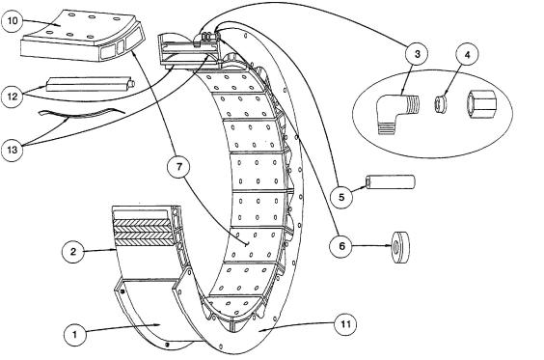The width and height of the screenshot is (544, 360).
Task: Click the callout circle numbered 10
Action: coord(13,20)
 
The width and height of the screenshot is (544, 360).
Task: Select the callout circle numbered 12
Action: coord(13,97)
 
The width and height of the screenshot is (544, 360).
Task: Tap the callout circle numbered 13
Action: coord(13,150)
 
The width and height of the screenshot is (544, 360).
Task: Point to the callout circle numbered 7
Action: coord(178,167)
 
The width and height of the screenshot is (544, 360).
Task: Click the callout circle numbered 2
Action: coord(73,251)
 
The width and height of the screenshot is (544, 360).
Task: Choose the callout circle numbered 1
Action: coord(75,334)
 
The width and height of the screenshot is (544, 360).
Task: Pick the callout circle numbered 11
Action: coord(345,324)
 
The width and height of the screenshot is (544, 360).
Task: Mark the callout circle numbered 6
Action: coord(341,246)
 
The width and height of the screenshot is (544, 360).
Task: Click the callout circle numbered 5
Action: coord(341,197)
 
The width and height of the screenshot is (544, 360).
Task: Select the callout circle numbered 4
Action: coord(467,54)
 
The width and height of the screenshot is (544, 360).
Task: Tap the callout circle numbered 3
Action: coord(417,53)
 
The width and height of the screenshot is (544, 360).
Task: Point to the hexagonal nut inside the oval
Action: coord(481,105)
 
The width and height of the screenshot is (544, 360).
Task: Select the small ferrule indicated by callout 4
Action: coord(440,104)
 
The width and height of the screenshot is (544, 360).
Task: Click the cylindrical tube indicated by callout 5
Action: coord(390,182)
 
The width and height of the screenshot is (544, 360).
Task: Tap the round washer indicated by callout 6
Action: coord(400,248)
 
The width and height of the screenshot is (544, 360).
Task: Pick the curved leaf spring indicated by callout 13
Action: coord(82,113)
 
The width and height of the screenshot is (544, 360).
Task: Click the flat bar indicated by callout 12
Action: coord(91,84)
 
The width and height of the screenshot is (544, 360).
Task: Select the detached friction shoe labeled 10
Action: coord(82,36)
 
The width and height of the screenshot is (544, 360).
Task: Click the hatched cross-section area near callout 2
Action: coord(143,233)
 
